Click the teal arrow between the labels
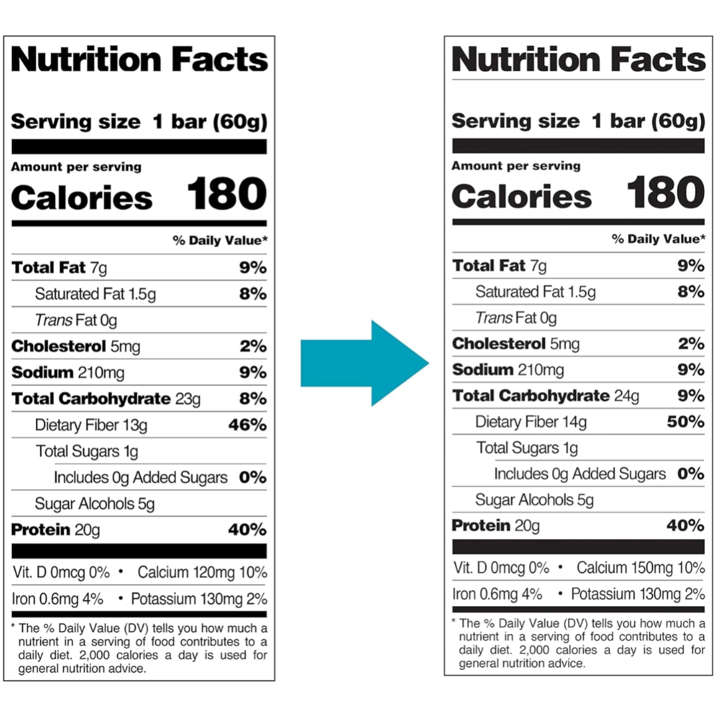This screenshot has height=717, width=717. (362, 363)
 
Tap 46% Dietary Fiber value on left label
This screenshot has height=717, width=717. (247, 425)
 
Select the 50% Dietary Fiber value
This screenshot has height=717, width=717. (685, 421)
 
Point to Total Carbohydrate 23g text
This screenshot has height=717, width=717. (106, 399)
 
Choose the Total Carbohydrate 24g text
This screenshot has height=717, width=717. (546, 396)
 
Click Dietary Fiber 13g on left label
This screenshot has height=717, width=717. (91, 425)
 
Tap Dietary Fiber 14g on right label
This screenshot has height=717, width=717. (531, 421)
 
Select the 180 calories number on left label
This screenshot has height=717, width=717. (227, 195)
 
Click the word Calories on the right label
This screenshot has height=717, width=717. (522, 197)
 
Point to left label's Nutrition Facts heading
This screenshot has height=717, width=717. (140, 60)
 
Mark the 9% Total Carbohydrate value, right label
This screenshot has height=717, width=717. (691, 396)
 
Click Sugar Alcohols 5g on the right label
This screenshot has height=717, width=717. (534, 500)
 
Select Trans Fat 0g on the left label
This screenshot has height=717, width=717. (76, 320)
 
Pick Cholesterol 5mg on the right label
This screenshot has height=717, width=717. (516, 344)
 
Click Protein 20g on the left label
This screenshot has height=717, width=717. (56, 530)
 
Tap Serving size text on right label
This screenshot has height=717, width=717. (516, 121)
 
